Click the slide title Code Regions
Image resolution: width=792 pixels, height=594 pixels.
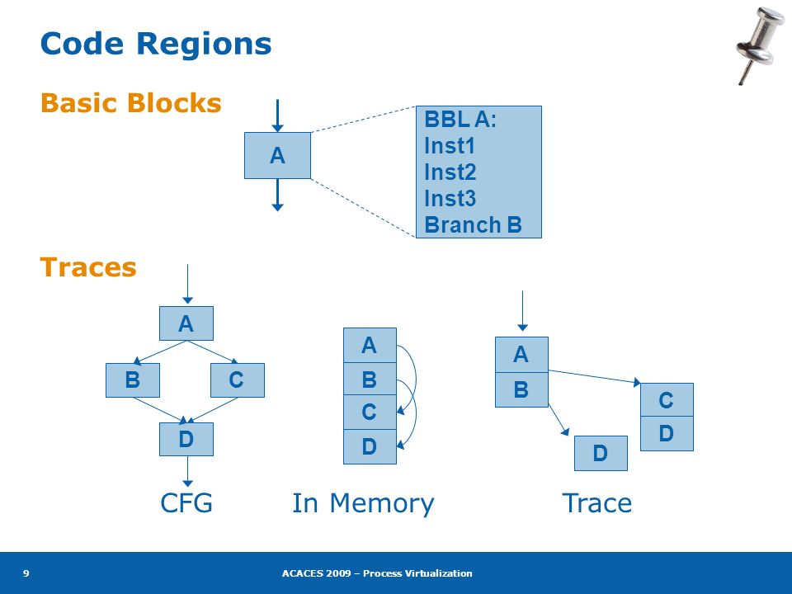point(156,44)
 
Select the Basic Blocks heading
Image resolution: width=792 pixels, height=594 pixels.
point(131,103)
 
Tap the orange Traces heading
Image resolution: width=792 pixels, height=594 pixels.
point(88,267)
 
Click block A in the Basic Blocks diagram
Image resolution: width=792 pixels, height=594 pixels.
point(277,156)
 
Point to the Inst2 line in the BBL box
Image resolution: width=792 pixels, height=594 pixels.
point(450,172)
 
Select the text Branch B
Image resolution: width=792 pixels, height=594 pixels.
point(473,224)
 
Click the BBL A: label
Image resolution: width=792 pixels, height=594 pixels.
point(460,119)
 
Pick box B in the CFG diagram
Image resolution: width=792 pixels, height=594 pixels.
point(133,379)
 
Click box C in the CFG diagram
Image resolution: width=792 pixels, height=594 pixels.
point(238,379)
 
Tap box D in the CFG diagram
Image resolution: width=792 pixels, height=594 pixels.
point(186,439)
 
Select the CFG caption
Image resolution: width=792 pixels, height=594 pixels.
point(186,503)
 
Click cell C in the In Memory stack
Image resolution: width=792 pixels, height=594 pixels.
point(370,412)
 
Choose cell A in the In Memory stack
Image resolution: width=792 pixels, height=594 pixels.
point(370,346)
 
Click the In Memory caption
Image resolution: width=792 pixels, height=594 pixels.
point(363,504)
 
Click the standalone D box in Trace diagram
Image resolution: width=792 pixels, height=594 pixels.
point(601,453)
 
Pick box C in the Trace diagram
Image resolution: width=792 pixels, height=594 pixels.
point(667,400)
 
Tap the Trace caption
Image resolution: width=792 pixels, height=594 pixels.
point(597,503)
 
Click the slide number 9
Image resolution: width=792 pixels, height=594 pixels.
point(26,573)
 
